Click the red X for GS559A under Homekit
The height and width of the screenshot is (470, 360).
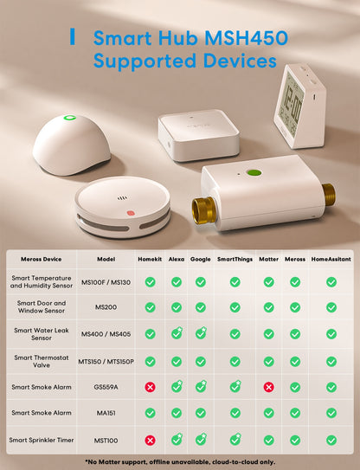coord(150,387)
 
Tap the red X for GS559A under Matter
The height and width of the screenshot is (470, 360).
coord(268,387)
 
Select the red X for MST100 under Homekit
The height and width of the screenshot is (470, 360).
coord(150,440)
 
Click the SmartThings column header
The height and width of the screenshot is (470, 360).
coord(235,259)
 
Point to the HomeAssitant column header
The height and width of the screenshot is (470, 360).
coord(331,259)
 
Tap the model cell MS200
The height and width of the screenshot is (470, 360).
coord(106,307)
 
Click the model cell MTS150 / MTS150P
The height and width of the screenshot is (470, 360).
coord(106,362)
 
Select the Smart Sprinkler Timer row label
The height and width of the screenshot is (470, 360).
coord(42,440)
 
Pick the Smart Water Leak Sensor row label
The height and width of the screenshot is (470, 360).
coord(42,334)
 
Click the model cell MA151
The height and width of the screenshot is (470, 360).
coord(106,413)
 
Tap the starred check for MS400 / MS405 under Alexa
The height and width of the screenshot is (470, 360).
coord(177,333)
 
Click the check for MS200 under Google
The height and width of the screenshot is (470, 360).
coord(201,307)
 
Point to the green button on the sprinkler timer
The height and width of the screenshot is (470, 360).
coord(254,172)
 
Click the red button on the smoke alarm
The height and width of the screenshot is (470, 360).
coord(131,213)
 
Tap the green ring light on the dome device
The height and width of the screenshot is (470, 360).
coord(70,118)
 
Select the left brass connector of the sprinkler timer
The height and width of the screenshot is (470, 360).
coord(204,209)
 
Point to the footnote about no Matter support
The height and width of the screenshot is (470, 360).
coord(180,462)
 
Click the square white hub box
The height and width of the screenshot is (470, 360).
coord(199,135)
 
